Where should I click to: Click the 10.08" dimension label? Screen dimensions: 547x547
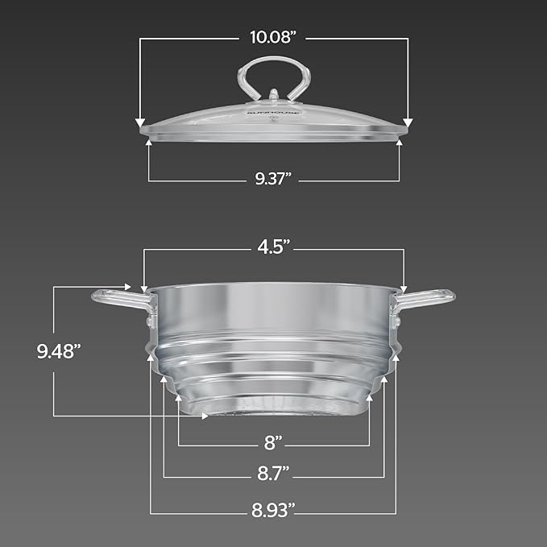(x=274, y=36)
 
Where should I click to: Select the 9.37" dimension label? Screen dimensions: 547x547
(x=274, y=180)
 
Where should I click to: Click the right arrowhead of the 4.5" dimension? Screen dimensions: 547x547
(x=404, y=288)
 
